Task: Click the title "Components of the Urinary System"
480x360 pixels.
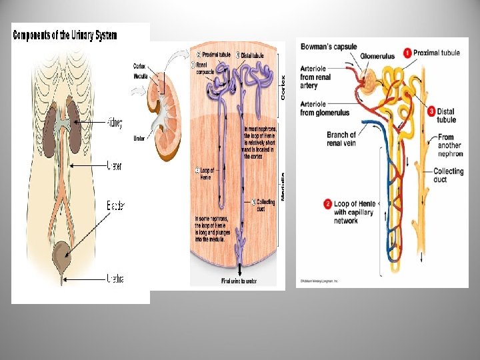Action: [x=65, y=35]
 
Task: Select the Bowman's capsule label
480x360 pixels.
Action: [x=329, y=47]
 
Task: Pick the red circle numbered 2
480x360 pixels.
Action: [x=327, y=203]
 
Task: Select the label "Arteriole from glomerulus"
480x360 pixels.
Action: [x=326, y=109]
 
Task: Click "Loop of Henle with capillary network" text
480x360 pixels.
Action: [x=355, y=212]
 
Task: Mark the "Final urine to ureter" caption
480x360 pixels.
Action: [x=239, y=281]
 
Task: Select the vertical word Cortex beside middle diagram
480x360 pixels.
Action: [x=282, y=87]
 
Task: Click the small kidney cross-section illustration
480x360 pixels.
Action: [x=167, y=112]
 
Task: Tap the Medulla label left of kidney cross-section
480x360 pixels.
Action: [x=140, y=75]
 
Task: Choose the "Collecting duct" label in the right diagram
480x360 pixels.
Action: [x=448, y=175]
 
